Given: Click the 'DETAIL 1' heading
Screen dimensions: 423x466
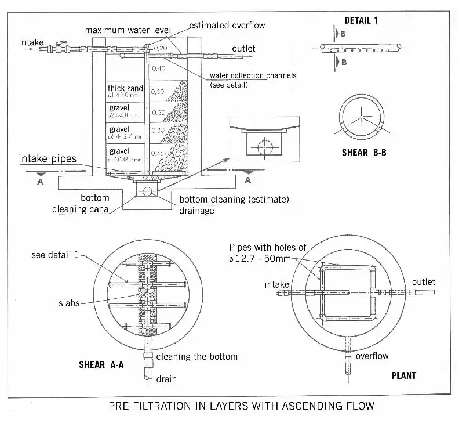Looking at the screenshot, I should pos(361,20).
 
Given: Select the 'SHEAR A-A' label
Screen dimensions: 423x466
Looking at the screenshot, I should pos(101,365).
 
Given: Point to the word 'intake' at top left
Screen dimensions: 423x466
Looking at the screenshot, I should pos(31,42).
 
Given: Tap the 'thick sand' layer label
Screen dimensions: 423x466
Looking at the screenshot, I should pos(125,89).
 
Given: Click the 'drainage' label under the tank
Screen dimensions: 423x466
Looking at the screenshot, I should pos(196,211).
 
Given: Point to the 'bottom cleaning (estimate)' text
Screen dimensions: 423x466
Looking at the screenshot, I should pos(234,200).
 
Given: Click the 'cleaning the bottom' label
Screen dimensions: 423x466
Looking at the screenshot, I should pos(196,356).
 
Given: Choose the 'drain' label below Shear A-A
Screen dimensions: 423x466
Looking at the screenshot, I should pos(166,379).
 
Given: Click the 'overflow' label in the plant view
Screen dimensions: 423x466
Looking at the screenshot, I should pos(372,356).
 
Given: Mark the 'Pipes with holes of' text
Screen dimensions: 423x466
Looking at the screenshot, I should pos(267,248).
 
